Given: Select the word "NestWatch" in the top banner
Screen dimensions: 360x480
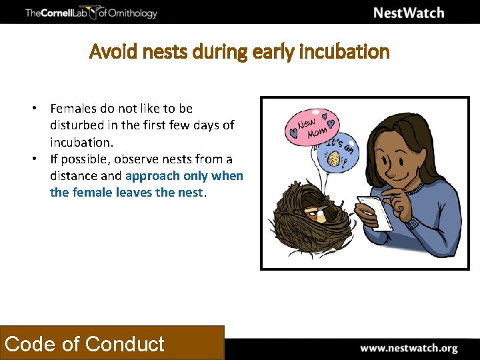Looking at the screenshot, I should [x=408, y=13].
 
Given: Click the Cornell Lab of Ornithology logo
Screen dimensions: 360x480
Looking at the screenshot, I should [x=91, y=13].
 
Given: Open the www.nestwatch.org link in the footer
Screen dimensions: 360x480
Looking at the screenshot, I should [x=409, y=348].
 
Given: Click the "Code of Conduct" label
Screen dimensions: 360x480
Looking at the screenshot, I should [x=85, y=344].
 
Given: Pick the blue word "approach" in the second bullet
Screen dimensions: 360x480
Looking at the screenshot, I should [x=153, y=176].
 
